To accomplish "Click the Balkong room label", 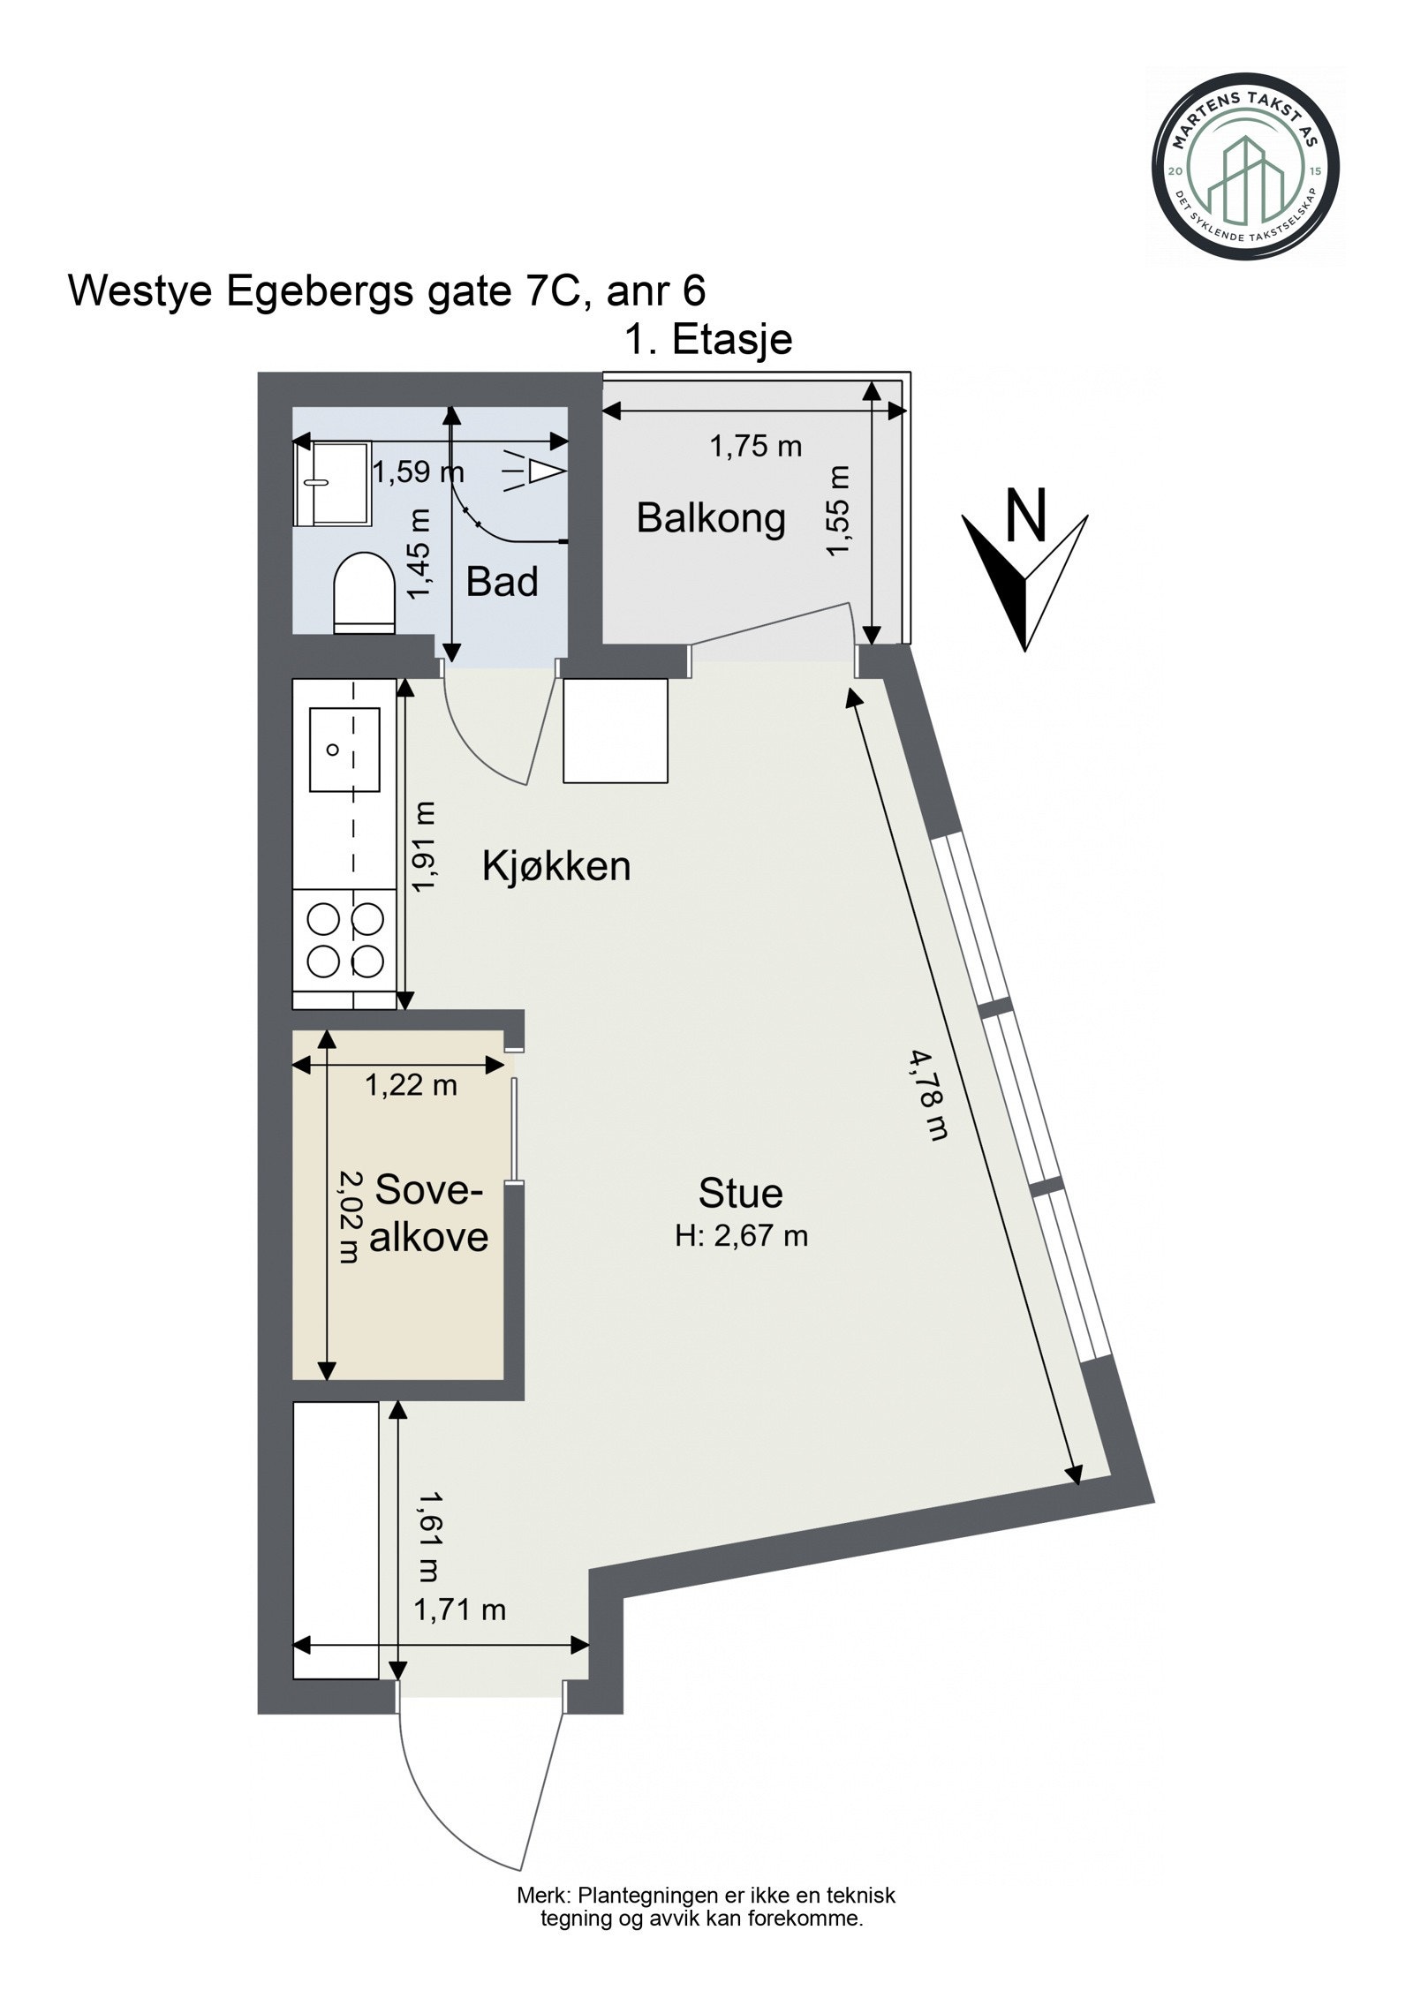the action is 711,518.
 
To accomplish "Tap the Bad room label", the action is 502,582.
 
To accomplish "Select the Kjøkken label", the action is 556,867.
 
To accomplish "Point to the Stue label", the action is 740,1193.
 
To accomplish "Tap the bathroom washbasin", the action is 331,483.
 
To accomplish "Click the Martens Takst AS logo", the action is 1246,167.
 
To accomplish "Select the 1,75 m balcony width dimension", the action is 756,446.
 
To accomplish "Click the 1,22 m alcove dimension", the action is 412,1084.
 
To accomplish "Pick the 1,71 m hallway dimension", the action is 460,1610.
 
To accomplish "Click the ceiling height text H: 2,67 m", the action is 742,1235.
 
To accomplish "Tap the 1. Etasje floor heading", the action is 708,339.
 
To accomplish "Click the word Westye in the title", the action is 142,291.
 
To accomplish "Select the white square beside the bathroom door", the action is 616,730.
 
